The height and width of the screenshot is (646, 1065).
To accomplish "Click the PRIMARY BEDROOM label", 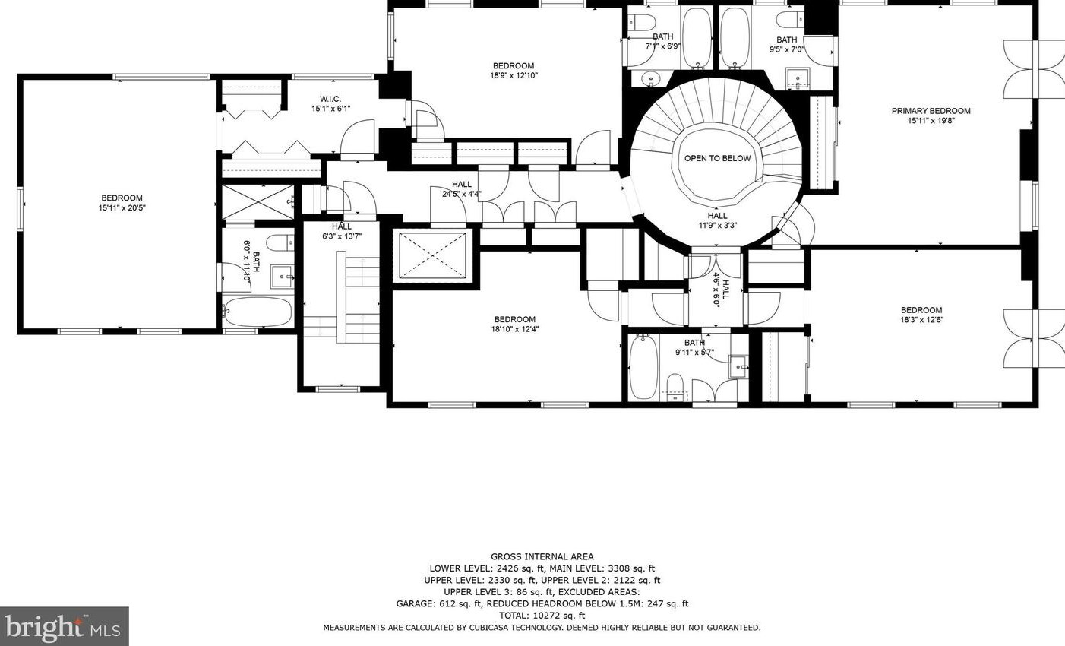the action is (x=931, y=111).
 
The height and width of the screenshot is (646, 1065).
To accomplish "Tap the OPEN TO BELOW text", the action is (x=717, y=158).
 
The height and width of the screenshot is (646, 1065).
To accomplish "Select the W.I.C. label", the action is (x=330, y=99).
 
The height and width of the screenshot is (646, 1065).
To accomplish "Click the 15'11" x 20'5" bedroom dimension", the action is (x=122, y=208).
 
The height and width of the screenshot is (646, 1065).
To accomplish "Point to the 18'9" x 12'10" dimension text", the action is (x=514, y=75).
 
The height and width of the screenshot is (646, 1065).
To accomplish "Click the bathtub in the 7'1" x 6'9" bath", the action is (x=697, y=37).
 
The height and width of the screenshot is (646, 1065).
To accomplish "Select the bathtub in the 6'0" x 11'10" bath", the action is (x=258, y=312).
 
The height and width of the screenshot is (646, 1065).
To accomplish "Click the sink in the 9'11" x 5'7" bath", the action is (x=738, y=366).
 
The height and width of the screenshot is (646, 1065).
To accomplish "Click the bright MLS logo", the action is (x=64, y=626).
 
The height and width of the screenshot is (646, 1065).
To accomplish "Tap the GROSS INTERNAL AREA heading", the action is (x=542, y=556).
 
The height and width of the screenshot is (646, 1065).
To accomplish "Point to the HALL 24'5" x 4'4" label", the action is (x=462, y=188).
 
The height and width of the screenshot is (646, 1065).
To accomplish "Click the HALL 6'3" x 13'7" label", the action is (x=341, y=231).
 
